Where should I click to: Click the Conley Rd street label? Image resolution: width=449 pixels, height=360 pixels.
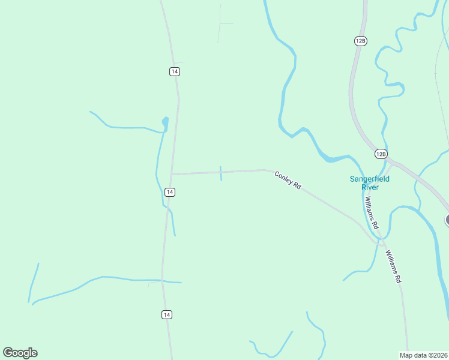click(288, 180)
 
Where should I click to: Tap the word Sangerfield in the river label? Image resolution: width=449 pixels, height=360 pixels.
click(370, 178)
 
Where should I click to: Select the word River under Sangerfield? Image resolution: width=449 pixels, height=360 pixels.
click(370, 187)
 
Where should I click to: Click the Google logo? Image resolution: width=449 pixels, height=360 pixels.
click(20, 352)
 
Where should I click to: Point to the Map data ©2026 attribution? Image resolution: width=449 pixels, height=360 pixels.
click(423, 355)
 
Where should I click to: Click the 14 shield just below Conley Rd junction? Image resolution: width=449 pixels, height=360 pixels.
click(170, 192)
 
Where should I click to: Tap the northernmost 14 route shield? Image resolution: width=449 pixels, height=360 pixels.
click(174, 71)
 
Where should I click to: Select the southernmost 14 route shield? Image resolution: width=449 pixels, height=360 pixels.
click(167, 314)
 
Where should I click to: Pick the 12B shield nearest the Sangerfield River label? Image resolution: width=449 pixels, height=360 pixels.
click(381, 154)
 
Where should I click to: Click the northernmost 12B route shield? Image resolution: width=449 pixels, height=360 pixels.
click(360, 40)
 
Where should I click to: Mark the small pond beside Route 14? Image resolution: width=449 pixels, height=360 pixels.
click(165, 124)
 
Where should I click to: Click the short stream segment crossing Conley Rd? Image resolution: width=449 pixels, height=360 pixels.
click(221, 174)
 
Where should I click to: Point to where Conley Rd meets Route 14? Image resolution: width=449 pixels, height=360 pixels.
click(172, 174)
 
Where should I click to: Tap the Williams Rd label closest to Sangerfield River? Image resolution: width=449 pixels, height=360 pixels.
click(371, 213)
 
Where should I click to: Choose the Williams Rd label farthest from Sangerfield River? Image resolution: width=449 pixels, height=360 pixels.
click(393, 266)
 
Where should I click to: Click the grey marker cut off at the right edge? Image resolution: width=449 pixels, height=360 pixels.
click(447, 220)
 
